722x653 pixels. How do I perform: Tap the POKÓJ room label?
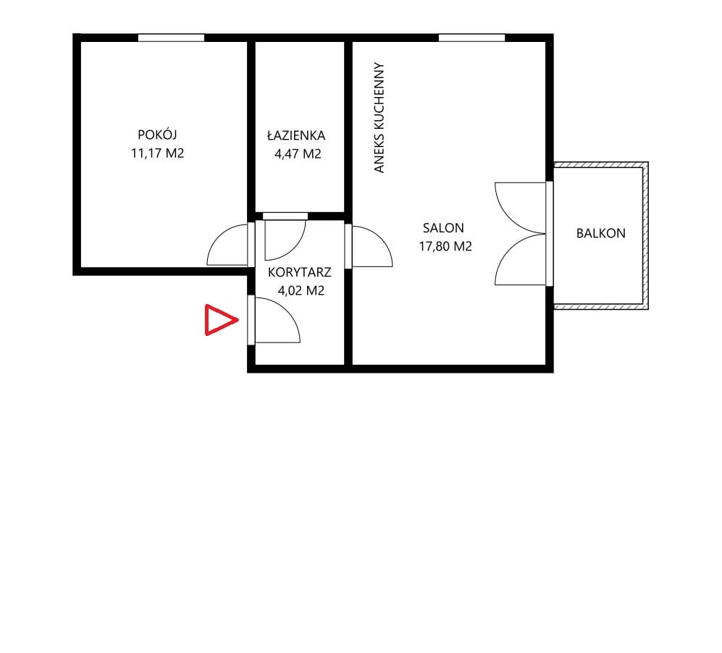click(x=157, y=135)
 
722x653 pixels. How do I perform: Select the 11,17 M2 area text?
click(x=157, y=153)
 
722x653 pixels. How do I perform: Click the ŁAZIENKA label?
click(x=296, y=135)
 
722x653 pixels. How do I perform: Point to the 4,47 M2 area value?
click(x=298, y=154)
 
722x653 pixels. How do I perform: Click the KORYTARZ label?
click(x=300, y=272)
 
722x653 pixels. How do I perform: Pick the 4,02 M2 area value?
click(x=301, y=290)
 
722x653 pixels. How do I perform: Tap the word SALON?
click(x=443, y=228)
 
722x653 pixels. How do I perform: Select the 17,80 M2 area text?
click(x=445, y=246)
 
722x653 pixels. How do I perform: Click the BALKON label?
click(x=601, y=233)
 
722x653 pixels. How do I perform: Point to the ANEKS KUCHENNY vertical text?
click(x=379, y=118)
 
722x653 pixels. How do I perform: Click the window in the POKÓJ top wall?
click(x=172, y=38)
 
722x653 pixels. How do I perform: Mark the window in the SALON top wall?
click(x=472, y=38)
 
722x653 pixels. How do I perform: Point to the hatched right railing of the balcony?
click(x=645, y=235)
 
